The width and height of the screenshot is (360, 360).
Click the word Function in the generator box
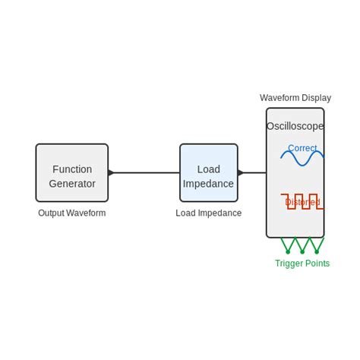[72, 169]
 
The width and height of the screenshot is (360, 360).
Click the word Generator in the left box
[72, 184]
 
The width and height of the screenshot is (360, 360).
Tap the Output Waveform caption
[72, 213]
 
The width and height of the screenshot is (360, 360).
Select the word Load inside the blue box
[209, 169]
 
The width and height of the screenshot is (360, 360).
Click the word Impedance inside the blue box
[209, 184]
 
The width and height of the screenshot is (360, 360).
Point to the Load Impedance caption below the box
[209, 213]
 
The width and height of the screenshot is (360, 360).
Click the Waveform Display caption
[295, 98]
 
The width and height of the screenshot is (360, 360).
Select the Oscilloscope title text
[295, 126]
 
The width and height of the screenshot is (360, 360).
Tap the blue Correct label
[302, 148]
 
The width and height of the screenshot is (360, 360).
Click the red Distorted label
[302, 202]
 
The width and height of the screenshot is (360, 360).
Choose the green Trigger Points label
[302, 264]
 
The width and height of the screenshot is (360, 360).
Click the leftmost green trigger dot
[288, 251]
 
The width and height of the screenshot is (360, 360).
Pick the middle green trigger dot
[302, 251]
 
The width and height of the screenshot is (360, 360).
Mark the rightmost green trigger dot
[317, 251]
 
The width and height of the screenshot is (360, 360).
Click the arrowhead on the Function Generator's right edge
[112, 173]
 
